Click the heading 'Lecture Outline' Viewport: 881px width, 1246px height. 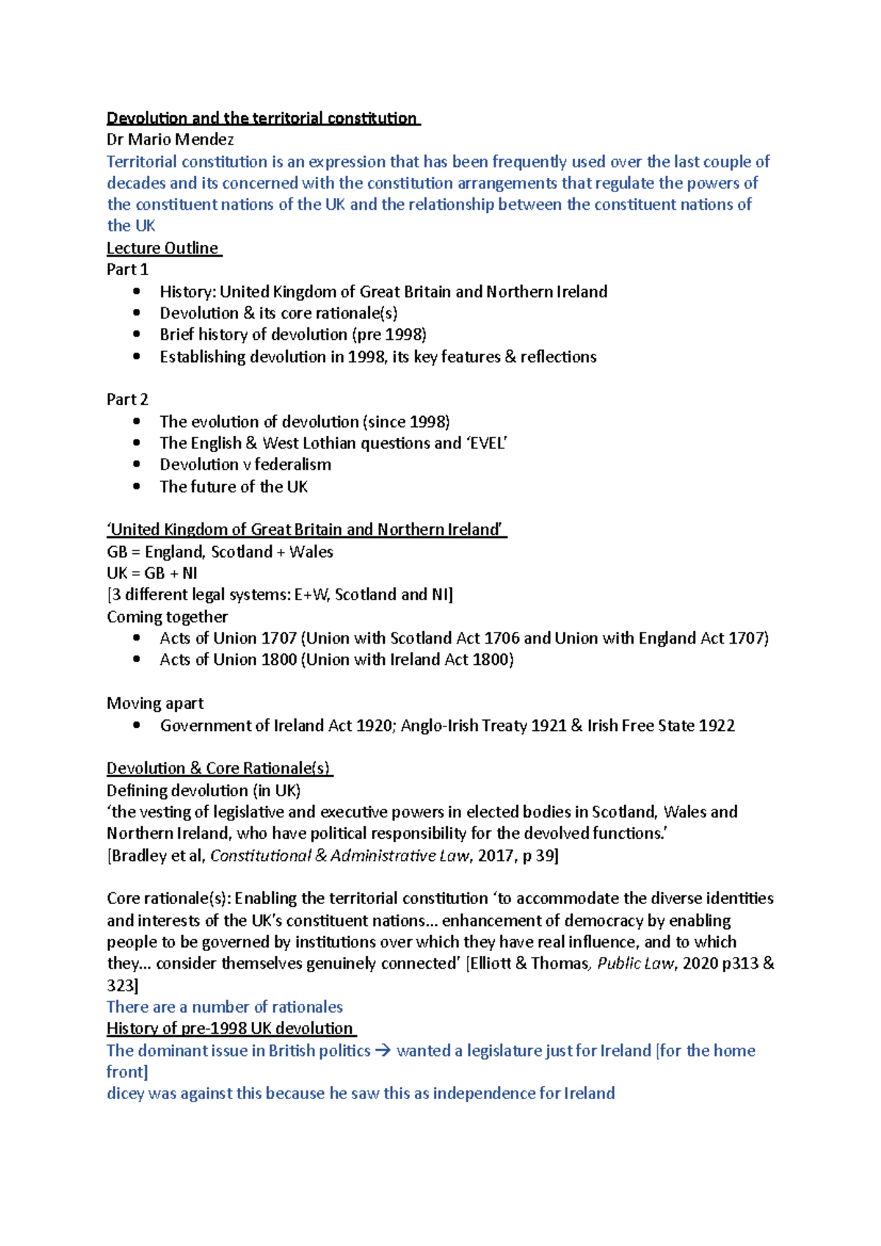[163, 248]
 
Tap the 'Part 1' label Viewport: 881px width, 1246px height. [127, 269]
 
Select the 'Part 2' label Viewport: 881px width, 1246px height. [127, 399]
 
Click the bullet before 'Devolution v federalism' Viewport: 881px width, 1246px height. [137, 464]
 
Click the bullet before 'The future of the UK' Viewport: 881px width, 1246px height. [137, 486]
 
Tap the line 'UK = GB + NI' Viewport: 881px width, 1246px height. [152, 573]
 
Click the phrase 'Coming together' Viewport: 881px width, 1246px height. [167, 616]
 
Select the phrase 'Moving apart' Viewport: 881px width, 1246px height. [155, 703]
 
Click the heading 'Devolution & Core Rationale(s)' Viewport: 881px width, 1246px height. [219, 768]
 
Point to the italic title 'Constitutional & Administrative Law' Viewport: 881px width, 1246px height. [339, 856]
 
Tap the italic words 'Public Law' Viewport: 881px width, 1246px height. [635, 963]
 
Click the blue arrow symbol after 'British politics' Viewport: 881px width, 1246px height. [383, 1051]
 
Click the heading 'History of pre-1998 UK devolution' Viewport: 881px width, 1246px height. [230, 1029]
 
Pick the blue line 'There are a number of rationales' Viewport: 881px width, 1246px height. [225, 1007]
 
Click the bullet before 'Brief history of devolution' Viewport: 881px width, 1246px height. [137, 335]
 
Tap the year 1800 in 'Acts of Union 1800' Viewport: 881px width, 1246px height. [278, 660]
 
